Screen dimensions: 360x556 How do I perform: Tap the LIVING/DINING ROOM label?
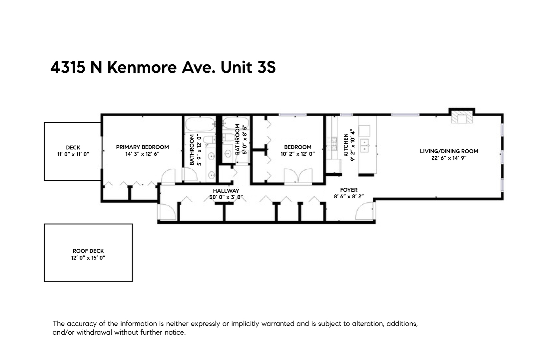(449, 151)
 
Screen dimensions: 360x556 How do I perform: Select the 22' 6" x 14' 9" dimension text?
(449, 158)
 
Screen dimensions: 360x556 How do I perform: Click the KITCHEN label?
(346, 145)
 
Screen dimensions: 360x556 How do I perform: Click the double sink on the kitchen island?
(365, 146)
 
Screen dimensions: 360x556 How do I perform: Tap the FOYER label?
(348, 190)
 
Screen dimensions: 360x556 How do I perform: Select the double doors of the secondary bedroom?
(298, 176)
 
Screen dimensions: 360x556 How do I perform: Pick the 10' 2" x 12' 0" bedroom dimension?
(297, 154)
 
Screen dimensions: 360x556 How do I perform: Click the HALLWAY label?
(226, 191)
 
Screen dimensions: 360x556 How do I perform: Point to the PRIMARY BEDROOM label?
(142, 147)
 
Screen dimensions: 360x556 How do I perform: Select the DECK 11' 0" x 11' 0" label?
(73, 151)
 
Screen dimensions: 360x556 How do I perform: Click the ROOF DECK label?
(88, 251)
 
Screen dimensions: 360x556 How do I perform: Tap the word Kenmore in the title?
(142, 67)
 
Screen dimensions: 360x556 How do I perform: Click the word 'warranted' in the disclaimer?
(278, 324)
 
